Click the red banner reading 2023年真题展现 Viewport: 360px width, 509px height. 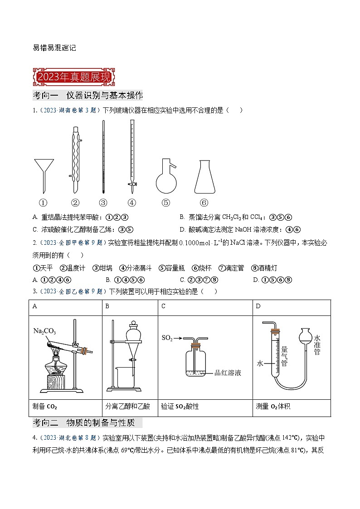(73, 77)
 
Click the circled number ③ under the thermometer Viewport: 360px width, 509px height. (103, 203)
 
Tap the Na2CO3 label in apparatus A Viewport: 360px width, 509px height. (44, 331)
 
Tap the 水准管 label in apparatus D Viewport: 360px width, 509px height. (317, 344)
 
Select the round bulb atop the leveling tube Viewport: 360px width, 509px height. (304, 336)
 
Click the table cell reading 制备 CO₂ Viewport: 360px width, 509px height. (65, 407)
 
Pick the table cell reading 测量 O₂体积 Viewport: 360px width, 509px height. (292, 407)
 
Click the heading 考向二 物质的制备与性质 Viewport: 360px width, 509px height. (88, 423)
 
